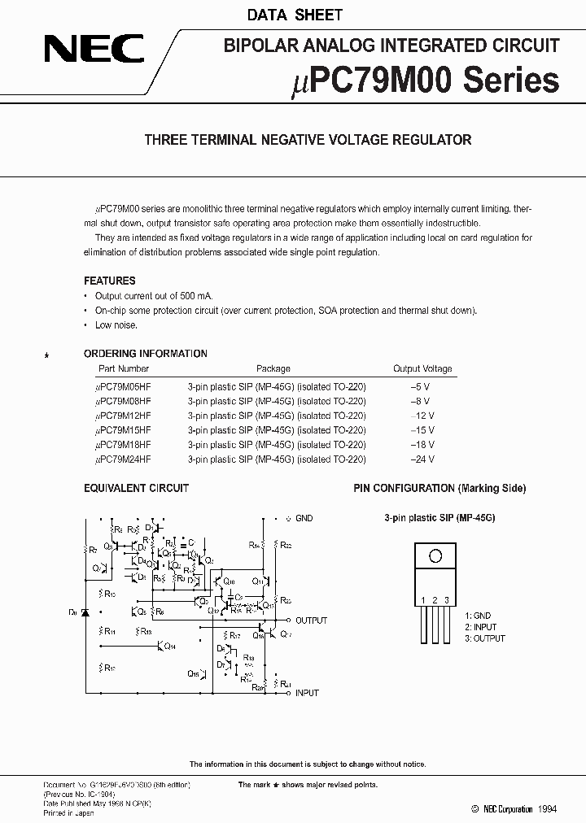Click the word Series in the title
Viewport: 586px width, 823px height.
(x=512, y=81)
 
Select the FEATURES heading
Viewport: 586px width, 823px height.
(x=110, y=281)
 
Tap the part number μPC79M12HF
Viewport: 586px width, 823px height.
(x=124, y=416)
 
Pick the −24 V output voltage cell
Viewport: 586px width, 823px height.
(x=423, y=459)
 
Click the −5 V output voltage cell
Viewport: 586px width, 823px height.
(x=422, y=386)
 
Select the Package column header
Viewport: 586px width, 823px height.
(x=273, y=368)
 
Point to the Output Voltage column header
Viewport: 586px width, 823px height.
(x=422, y=368)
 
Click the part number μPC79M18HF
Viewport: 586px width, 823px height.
(x=124, y=445)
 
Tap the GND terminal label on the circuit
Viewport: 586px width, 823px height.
(x=304, y=518)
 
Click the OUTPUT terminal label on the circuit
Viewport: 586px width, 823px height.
(x=312, y=621)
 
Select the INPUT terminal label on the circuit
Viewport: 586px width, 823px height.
(x=307, y=693)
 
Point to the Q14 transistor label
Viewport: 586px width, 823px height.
(x=169, y=647)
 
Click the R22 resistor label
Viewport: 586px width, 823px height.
(x=286, y=545)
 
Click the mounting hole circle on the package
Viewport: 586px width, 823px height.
(x=435, y=557)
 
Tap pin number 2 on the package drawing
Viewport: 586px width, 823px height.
(x=435, y=600)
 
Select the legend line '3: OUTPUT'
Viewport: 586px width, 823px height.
(x=485, y=638)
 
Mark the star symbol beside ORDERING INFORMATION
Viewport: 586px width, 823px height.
(x=47, y=356)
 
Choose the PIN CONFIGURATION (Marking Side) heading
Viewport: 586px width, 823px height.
(x=439, y=488)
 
